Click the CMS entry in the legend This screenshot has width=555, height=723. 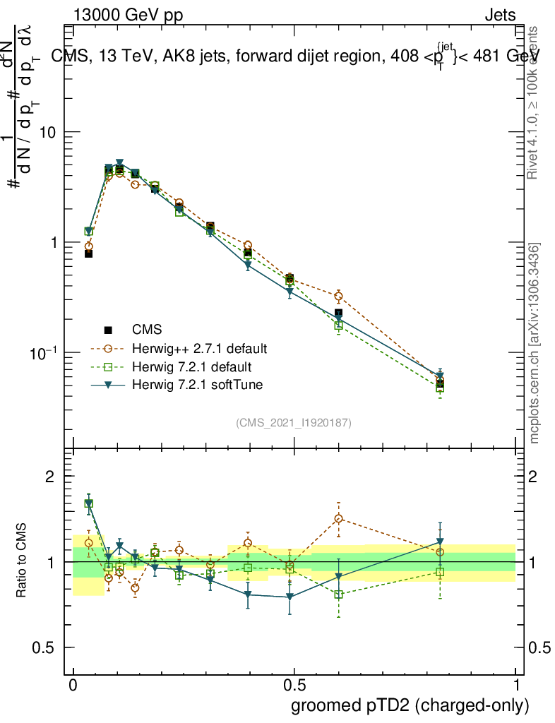click(x=147, y=329)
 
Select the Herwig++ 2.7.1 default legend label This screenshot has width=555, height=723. click(x=198, y=348)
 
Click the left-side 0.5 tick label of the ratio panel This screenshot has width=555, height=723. click(x=44, y=647)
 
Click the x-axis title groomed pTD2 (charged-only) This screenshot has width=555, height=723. click(x=409, y=705)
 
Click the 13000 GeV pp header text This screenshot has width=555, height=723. click(x=127, y=15)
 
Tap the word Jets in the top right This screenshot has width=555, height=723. click(x=499, y=15)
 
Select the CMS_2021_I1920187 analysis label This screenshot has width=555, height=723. click(x=294, y=422)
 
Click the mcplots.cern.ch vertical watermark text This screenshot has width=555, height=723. click(x=535, y=344)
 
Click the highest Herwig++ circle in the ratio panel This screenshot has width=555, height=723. click(x=339, y=519)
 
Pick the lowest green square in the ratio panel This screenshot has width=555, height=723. click(x=339, y=594)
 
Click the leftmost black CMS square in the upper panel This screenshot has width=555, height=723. click(x=88, y=253)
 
